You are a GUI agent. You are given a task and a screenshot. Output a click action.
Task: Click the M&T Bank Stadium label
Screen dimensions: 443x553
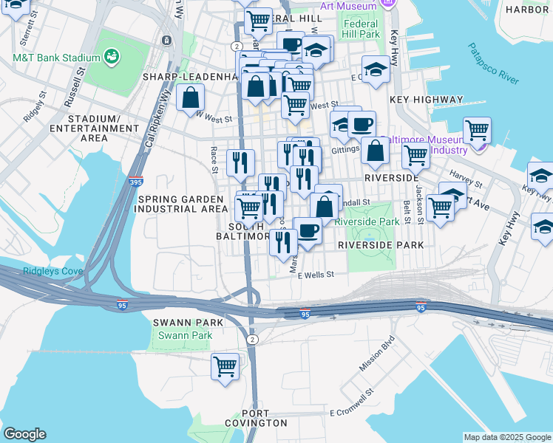pyautogui.click(x=56, y=58)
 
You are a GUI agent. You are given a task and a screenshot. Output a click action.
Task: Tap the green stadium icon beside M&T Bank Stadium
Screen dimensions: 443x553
pyautogui.click(x=112, y=56)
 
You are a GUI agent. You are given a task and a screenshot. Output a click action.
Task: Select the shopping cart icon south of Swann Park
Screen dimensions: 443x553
pyautogui.click(x=225, y=366)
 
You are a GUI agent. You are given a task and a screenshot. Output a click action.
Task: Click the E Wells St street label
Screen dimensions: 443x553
pyautogui.click(x=316, y=274)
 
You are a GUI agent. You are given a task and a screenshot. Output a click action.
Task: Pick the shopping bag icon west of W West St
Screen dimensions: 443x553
pyautogui.click(x=191, y=97)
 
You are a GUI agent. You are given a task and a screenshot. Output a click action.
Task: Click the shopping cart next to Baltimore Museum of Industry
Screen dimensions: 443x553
pyautogui.click(x=477, y=131)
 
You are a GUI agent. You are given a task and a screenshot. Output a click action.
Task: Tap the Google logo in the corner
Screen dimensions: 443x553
pyautogui.click(x=24, y=434)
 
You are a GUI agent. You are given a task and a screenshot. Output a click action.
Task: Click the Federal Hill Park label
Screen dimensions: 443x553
pyautogui.click(x=361, y=29)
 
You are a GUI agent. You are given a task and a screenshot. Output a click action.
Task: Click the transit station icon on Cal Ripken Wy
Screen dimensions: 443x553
pyautogui.click(x=167, y=39)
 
